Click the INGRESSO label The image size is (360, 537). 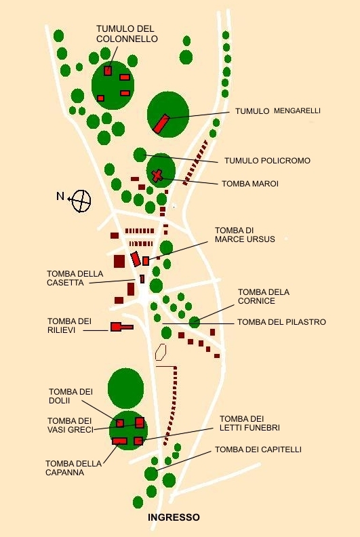tap(174, 517)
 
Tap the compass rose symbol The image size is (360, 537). tap(81, 201)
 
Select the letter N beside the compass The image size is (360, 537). tap(60, 196)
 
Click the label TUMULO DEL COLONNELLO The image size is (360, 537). tap(127, 34)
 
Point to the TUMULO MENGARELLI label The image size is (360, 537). tap(278, 111)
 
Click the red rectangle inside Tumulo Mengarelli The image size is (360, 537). tap(161, 123)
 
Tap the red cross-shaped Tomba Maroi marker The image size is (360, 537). tap(157, 176)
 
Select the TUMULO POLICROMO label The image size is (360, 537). tap(267, 160)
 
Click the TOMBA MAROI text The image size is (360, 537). tap(250, 184)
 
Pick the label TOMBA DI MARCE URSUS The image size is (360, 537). tap(245, 235)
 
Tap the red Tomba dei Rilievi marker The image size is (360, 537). tap(121, 327)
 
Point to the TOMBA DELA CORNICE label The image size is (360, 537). tap(264, 296)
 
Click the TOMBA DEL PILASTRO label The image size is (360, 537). tap(281, 322)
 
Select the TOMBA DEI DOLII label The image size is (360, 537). tap(71, 396)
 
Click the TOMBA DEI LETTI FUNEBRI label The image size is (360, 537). tap(249, 423)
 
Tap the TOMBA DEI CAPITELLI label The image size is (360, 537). tap(258, 450)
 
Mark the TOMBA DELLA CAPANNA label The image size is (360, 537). tap(73, 468)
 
